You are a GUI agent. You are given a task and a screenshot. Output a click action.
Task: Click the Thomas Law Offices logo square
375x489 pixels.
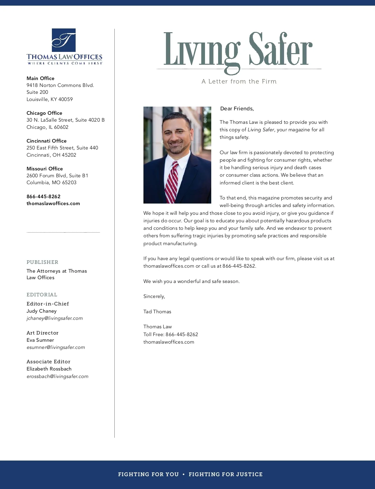point(64,40)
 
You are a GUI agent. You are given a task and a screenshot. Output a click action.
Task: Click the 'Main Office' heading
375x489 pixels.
point(40,78)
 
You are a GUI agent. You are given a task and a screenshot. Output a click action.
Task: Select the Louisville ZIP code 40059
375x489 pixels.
point(66,99)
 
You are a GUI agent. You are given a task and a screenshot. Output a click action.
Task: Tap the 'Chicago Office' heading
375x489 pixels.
point(44,113)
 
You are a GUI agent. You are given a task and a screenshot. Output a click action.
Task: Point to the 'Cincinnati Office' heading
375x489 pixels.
point(47,141)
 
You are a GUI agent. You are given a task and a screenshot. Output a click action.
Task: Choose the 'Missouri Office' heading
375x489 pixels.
point(45,169)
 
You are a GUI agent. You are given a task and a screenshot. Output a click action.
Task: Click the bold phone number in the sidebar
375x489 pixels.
point(43,196)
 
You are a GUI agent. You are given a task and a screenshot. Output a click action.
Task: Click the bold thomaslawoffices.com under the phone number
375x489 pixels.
point(53,203)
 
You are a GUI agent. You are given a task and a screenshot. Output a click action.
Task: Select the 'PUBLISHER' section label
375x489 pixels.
point(42,262)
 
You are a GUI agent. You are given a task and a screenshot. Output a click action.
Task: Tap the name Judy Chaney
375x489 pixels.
point(42,311)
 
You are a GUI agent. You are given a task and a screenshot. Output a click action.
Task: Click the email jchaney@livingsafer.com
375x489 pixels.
point(55,318)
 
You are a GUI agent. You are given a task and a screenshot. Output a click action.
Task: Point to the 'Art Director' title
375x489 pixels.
point(42,333)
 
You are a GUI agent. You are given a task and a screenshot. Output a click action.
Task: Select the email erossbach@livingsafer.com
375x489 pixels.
point(57,376)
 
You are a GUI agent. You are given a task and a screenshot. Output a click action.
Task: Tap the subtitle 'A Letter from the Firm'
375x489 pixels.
point(239,81)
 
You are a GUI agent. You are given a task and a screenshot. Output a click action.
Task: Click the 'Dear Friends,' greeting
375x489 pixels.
point(237,108)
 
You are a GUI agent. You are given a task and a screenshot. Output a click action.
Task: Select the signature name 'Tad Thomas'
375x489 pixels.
point(157,311)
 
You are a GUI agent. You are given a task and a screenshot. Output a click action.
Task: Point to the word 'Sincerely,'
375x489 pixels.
point(154,296)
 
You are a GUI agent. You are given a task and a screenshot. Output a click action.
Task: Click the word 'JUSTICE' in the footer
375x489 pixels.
point(249,474)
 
